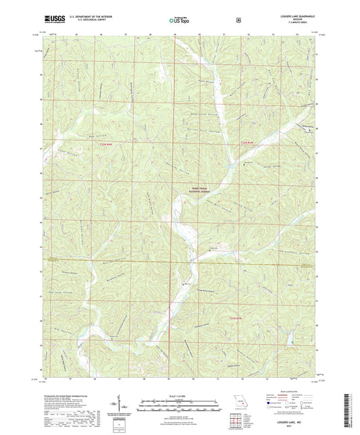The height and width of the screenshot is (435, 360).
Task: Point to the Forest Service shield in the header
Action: (238, 20)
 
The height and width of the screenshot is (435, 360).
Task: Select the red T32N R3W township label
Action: (249, 143)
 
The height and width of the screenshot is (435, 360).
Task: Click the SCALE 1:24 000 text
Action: (180, 396)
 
